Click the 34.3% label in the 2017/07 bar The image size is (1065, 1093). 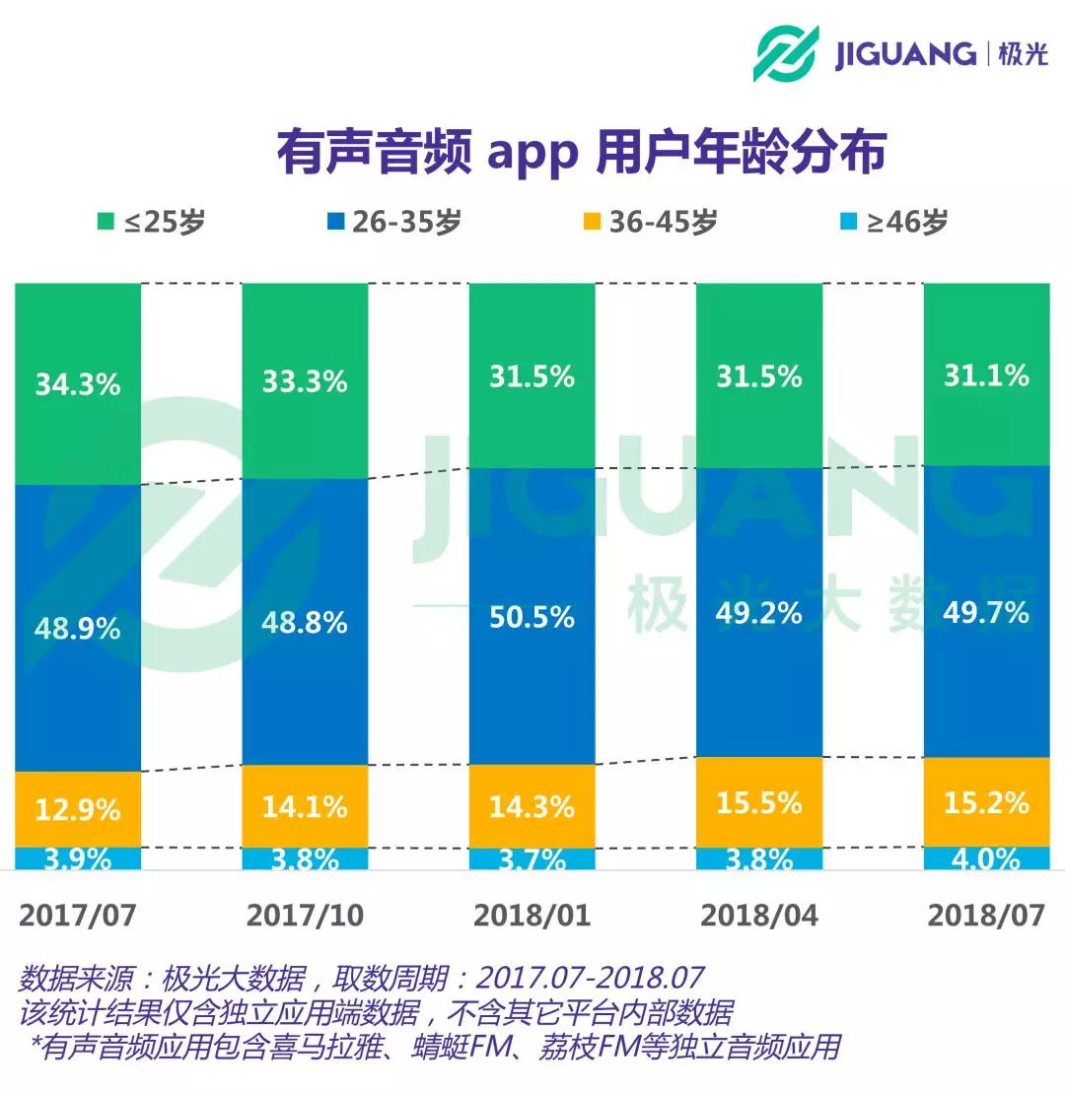click(x=78, y=383)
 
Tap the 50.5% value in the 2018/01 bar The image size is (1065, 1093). click(x=532, y=617)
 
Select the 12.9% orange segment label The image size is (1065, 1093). click(x=78, y=810)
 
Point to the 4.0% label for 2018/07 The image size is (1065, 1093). click(x=986, y=858)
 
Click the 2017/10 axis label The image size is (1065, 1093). click(x=305, y=916)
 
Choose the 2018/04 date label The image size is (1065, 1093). click(x=759, y=916)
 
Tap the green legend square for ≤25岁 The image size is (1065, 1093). click(x=104, y=222)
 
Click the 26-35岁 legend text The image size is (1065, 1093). click(x=404, y=222)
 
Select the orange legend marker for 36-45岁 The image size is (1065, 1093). click(x=589, y=222)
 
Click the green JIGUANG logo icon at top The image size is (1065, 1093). click(x=786, y=53)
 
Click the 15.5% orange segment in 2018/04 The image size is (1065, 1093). click(x=759, y=802)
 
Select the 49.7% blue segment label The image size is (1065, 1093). click(x=986, y=613)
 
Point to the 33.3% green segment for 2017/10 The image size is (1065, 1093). click(x=305, y=380)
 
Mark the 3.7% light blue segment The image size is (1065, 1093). click(x=532, y=859)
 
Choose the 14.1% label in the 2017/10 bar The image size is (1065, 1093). click(x=305, y=807)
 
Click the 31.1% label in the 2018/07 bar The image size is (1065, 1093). click(x=986, y=376)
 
